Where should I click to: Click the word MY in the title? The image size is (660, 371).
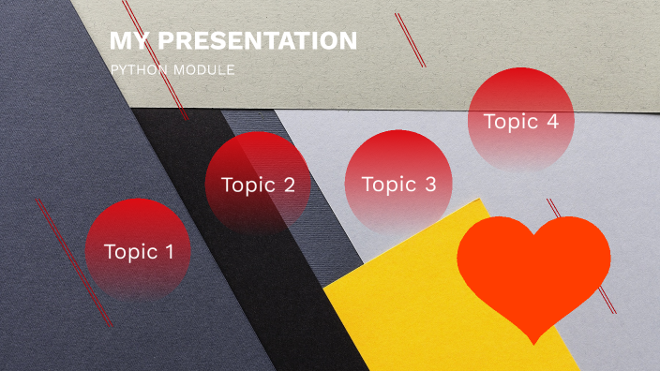pyautogui.click(x=128, y=41)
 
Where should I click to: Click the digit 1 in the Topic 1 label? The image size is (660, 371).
pyautogui.click(x=169, y=251)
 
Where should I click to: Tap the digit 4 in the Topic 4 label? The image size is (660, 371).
pyautogui.click(x=552, y=121)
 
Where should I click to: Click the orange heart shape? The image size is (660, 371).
pyautogui.click(x=532, y=267)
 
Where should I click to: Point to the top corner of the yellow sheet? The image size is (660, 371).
pyautogui.click(x=479, y=200)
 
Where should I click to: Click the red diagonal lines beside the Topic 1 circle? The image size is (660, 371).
pyautogui.click(x=73, y=262)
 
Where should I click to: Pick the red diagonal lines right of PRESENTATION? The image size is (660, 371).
pyautogui.click(x=411, y=39)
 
